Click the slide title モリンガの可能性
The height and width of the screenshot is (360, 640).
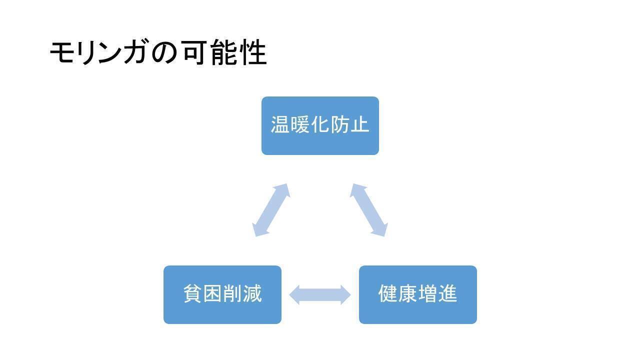click(158, 52)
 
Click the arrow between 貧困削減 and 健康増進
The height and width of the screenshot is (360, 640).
click(320, 294)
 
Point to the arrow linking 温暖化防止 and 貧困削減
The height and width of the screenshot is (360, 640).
click(271, 209)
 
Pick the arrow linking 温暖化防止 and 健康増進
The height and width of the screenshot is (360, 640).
click(368, 209)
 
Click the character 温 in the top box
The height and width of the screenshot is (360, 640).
click(280, 124)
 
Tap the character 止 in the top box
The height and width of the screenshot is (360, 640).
click(359, 124)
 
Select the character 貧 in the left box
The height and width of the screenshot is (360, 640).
click(192, 293)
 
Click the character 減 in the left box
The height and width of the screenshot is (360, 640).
click(252, 293)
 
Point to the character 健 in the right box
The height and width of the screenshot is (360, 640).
click(388, 293)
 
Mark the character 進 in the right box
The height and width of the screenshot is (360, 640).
click(447, 293)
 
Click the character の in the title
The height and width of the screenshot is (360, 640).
click(164, 53)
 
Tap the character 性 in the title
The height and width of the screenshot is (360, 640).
click(253, 53)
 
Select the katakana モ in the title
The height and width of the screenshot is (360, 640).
click(62, 53)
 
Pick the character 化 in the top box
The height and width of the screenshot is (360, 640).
click(320, 124)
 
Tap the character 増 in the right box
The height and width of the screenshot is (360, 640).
click(427, 293)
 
